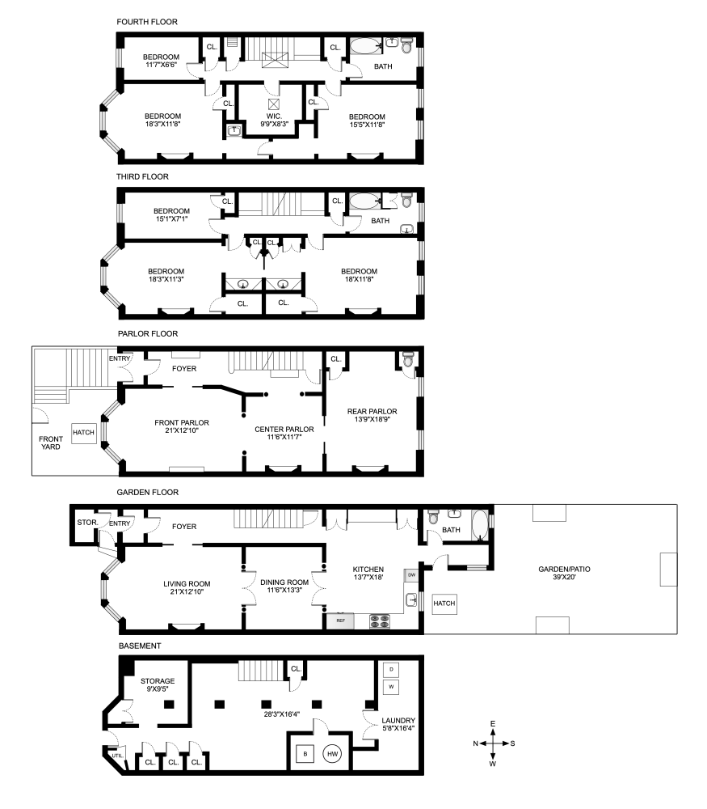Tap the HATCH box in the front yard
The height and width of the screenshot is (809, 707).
84,433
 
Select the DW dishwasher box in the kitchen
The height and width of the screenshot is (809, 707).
412,575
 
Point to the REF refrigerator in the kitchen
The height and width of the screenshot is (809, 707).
341,621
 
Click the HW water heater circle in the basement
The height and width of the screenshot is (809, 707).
332,753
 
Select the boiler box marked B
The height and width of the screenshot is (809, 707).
305,753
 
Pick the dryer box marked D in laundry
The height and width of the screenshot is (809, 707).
392,670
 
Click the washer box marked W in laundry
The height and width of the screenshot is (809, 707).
392,686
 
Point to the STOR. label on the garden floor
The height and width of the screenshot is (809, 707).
86,523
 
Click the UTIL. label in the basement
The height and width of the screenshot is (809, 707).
118,756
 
